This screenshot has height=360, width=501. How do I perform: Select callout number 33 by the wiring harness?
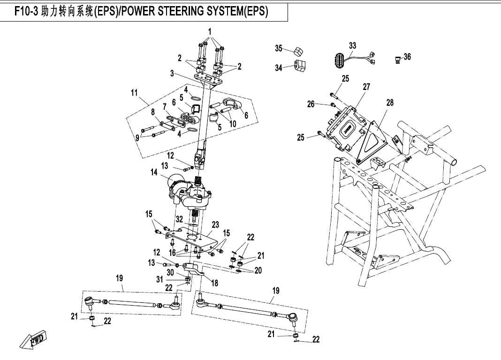[353, 45]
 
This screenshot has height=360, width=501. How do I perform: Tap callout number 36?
[407, 57]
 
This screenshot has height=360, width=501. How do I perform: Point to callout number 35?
[279, 48]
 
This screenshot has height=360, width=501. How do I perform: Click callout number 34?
[279, 68]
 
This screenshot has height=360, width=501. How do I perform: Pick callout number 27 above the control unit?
[366, 87]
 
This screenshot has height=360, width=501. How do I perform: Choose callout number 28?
[390, 103]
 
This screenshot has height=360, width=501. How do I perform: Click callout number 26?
[311, 104]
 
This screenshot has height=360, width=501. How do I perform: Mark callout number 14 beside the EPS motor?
[154, 172]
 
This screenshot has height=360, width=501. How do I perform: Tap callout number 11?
[134, 93]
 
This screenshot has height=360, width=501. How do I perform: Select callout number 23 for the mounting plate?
[215, 225]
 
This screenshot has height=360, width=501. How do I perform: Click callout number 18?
[215, 283]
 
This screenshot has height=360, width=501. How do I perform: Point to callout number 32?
[179, 219]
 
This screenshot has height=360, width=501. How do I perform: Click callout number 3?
[172, 73]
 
